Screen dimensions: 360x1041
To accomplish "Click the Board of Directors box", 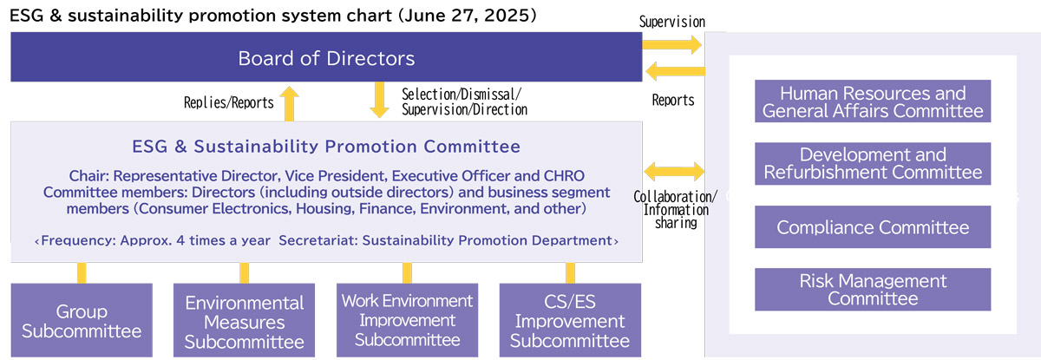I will pos(326,58).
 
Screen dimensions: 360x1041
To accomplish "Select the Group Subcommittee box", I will pos(82,320).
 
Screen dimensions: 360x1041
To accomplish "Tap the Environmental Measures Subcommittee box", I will pos(245,320).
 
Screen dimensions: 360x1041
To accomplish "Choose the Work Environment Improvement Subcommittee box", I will pos(407,320).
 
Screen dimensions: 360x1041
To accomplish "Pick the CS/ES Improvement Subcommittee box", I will pos(570,320).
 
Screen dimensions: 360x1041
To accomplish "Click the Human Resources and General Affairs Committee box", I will pos(872,101).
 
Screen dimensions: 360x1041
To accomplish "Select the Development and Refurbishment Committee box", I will pos(872,163).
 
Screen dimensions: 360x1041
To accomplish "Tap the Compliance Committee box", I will pos(872,227).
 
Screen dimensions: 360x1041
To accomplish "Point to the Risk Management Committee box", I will pos(872,290).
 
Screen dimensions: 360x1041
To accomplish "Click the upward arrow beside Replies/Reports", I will pos(291,101).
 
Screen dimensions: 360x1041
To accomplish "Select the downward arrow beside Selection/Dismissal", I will pos(379,100).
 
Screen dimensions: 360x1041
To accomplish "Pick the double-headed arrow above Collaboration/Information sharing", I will pos(673,170).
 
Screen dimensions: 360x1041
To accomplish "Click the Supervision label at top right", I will pos(671,21).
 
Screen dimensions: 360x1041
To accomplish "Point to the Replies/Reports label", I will pos(228,102).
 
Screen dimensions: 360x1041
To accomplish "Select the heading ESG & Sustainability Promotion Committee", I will pos(325,146).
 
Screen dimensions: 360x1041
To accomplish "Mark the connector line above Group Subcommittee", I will pos(82,272).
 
